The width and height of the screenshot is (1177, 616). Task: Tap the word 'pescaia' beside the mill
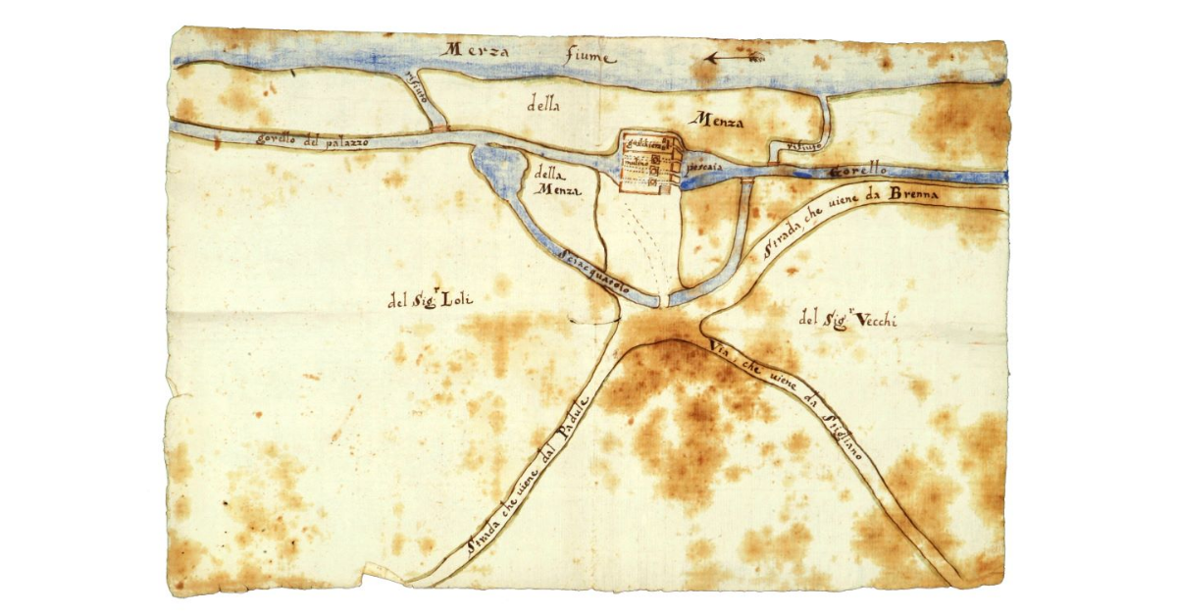coord(705,167)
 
